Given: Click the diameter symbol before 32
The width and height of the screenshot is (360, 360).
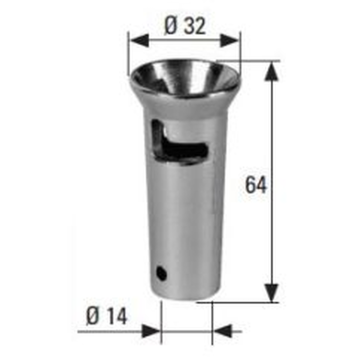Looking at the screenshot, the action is pyautogui.click(x=170, y=26).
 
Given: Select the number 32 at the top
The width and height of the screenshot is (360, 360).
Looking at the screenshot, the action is pyautogui.click(x=195, y=27).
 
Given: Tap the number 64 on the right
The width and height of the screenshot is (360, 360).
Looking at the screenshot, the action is pyautogui.click(x=256, y=185).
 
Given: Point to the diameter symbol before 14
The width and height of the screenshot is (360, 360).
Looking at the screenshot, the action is pyautogui.click(x=93, y=317).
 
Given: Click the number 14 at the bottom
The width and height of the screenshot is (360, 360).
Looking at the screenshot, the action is pyautogui.click(x=117, y=317).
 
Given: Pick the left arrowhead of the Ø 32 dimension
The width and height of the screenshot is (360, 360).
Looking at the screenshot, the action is pyautogui.click(x=140, y=40).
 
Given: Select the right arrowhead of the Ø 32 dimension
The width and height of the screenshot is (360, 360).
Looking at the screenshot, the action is pyautogui.click(x=229, y=40).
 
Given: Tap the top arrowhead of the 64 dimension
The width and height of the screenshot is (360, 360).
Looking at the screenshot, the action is pyautogui.click(x=272, y=71).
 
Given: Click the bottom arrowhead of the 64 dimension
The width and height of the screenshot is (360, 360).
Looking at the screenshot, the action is pyautogui.click(x=272, y=293).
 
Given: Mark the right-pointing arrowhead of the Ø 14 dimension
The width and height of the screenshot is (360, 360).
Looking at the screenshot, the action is pyautogui.click(x=151, y=331).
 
